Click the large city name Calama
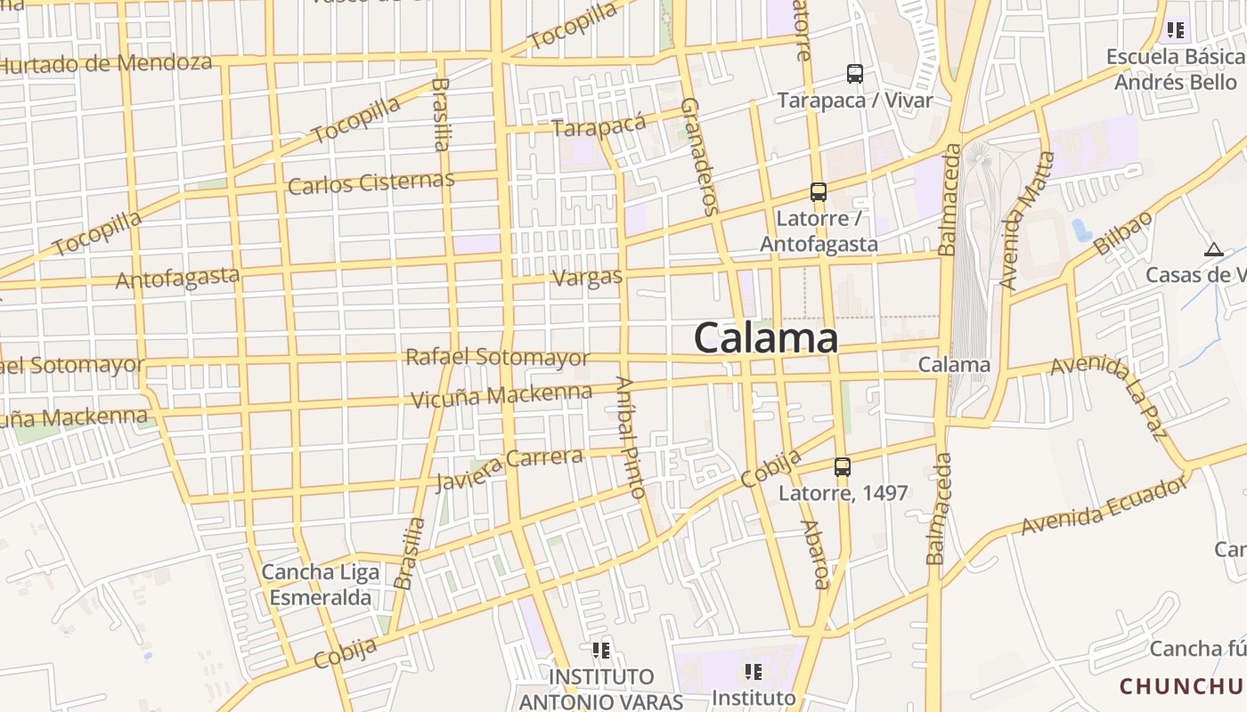point(766,339)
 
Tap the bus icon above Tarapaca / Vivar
point(855,74)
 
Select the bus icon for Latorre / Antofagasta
point(819,191)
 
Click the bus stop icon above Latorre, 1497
point(843,466)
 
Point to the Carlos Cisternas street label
point(371,182)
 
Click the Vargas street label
point(588,278)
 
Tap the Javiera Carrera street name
point(509,469)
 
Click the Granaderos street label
point(699,157)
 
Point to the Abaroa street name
point(815,554)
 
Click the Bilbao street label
point(1122,234)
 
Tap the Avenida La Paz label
point(1110,395)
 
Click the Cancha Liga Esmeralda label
point(320,585)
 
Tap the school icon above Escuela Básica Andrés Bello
point(1176,31)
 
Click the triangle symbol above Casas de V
point(1212,250)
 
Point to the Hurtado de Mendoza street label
point(107,63)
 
